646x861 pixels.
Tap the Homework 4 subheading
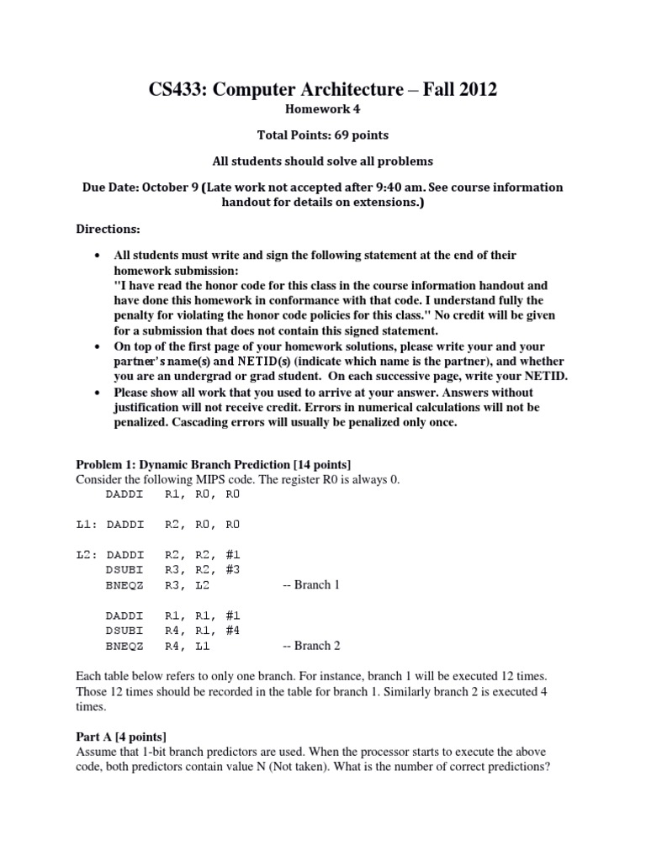click(323, 110)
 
